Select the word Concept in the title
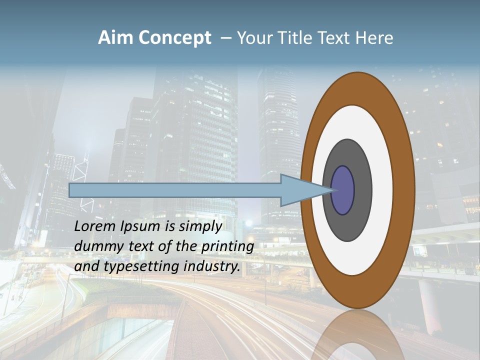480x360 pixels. tap(175, 38)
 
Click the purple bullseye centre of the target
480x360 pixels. tap(343, 190)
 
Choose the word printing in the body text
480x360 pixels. tap(228, 247)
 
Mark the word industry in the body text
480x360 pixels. tap(212, 266)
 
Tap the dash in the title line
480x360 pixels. tap(225, 38)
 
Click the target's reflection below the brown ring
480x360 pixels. tap(357, 335)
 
